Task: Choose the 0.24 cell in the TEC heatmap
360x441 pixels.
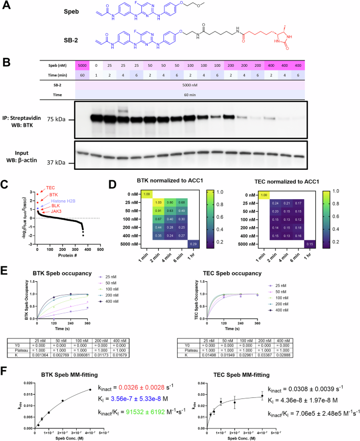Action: coord(273,202)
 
